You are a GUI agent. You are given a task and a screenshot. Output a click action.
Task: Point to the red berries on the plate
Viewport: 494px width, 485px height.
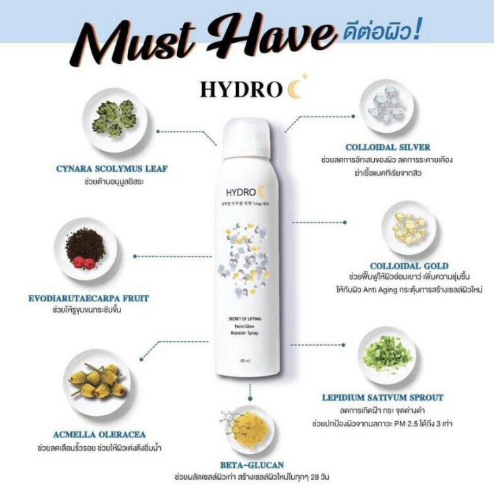click(84, 263)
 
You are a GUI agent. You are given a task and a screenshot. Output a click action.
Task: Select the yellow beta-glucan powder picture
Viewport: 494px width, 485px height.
click(250, 428)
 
